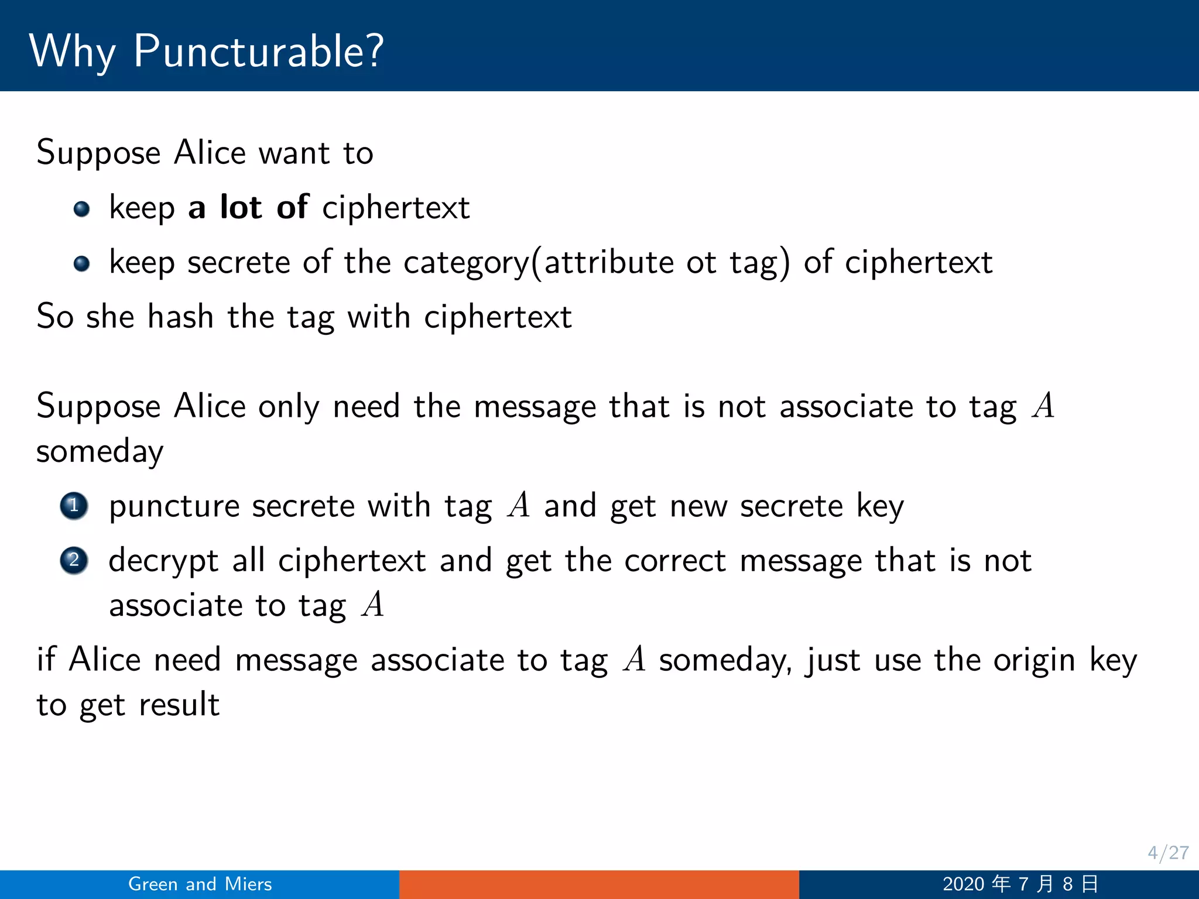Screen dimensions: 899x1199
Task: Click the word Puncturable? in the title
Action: click(258, 52)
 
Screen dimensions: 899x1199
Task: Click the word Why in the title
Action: click(73, 52)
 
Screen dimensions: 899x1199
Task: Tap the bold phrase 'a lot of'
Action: click(248, 207)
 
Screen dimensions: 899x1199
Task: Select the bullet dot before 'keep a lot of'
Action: click(82, 209)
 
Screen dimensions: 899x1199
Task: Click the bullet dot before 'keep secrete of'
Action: click(82, 263)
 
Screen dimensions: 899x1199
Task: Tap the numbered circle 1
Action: click(74, 506)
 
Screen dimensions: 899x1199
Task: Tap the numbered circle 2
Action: click(74, 561)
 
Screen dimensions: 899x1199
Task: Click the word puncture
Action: click(174, 506)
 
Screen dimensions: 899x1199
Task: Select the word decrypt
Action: click(163, 561)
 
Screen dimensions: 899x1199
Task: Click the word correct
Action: click(675, 561)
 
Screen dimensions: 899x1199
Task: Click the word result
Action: click(179, 704)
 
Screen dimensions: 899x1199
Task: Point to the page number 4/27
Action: click(1167, 853)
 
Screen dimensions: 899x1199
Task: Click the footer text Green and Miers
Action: click(200, 884)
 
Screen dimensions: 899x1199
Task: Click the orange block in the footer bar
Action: click(599, 884)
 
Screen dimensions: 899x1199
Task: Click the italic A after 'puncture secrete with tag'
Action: click(519, 505)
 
